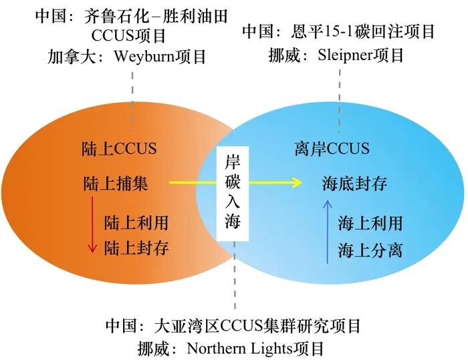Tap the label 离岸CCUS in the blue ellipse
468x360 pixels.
[331, 148]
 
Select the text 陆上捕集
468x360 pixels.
[115, 183]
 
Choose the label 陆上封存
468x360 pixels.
[136, 248]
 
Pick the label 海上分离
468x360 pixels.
[370, 250]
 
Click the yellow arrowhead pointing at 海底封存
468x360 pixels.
[295, 182]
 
